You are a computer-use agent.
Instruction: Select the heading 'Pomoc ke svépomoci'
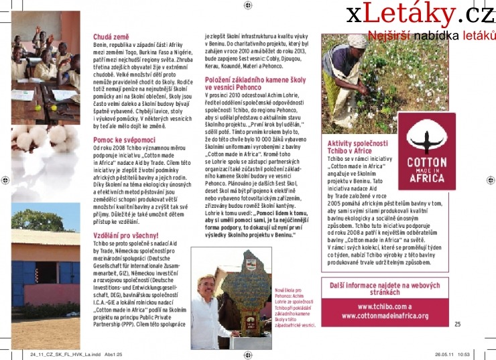[124, 139]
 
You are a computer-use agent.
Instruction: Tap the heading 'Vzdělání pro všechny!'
[126, 235]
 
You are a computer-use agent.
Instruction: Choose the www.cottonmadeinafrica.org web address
[385, 315]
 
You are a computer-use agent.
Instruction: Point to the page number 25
[458, 324]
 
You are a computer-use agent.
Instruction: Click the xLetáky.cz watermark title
[420, 13]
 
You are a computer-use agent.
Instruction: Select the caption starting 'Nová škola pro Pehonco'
[295, 308]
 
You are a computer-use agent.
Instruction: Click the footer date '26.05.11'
[445, 354]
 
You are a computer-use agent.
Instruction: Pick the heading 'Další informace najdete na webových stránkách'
[385, 289]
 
